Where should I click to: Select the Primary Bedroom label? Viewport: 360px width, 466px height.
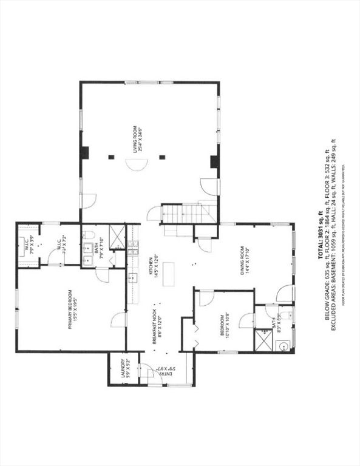[70, 308]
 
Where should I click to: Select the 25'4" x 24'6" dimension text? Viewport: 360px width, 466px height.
[140, 138]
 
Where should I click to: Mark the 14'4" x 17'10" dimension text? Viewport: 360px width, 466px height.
[248, 261]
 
